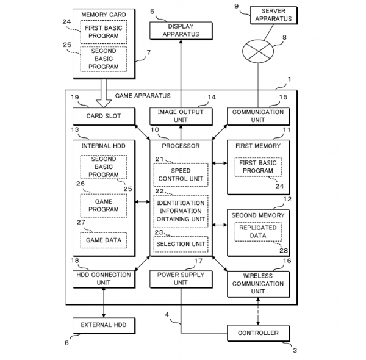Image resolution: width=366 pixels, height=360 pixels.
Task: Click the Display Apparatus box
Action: (181, 30)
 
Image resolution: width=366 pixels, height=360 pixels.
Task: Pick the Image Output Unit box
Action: (181, 116)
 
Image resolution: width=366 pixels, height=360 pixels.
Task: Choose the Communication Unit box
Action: (258, 116)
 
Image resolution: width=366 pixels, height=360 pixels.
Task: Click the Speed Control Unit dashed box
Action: (181, 175)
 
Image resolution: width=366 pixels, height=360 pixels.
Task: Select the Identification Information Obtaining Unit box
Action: (181, 211)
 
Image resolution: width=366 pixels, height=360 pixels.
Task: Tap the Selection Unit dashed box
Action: (181, 244)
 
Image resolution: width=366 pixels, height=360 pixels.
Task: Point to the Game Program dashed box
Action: (104, 205)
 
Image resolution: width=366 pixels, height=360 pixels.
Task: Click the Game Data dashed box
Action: (104, 240)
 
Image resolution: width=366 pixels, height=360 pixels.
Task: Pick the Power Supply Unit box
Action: (181, 279)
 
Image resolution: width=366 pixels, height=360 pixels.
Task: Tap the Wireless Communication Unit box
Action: (258, 283)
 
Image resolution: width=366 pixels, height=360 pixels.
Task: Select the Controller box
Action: (258, 333)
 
